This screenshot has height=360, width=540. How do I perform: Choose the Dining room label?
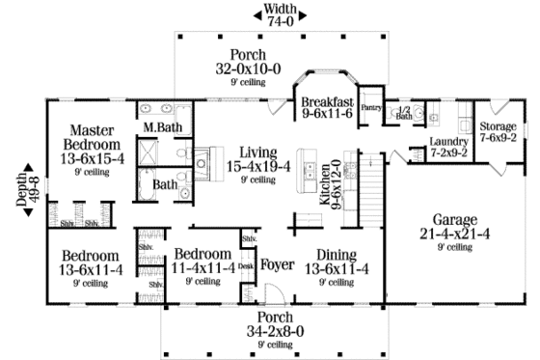(x=337, y=256)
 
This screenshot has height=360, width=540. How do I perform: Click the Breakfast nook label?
(x=327, y=102)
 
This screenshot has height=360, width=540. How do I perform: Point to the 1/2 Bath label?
(x=405, y=112)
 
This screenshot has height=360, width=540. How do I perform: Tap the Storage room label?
(x=499, y=125)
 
